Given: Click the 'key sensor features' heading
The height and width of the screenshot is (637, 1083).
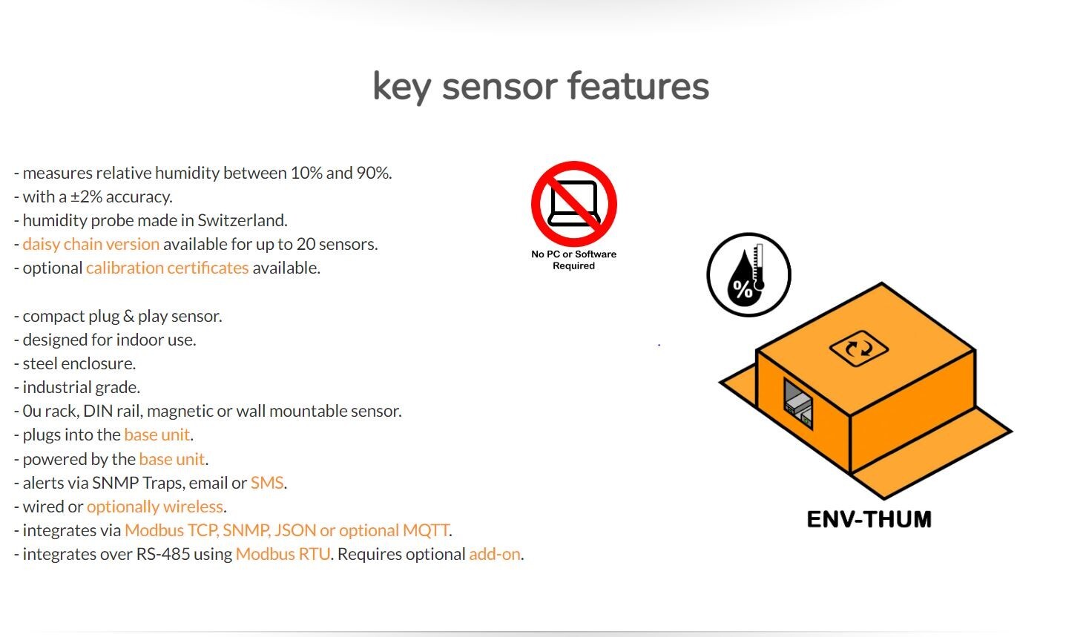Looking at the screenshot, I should pyautogui.click(x=541, y=86).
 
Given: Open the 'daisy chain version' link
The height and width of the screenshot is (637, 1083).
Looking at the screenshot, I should pyautogui.click(x=90, y=244).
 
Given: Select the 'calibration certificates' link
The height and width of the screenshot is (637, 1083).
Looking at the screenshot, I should pyautogui.click(x=167, y=268).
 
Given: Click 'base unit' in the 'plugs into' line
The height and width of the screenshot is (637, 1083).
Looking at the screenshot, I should pyautogui.click(x=157, y=435).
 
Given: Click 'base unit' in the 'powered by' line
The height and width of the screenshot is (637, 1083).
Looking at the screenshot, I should pyautogui.click(x=171, y=459).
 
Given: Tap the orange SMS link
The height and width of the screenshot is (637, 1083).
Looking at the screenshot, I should pyautogui.click(x=267, y=483).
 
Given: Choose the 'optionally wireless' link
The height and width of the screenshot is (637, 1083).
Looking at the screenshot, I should pyautogui.click(x=155, y=506).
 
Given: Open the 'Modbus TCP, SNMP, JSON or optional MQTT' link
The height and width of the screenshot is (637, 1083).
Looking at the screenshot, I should pyautogui.click(x=287, y=530).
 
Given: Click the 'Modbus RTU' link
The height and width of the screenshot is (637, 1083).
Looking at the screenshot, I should pyautogui.click(x=283, y=554).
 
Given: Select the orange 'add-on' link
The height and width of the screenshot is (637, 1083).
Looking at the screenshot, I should pyautogui.click(x=494, y=554).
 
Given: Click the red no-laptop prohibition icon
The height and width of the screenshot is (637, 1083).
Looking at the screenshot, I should pyautogui.click(x=573, y=204).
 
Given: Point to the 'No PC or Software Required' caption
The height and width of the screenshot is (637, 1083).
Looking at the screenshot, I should pyautogui.click(x=573, y=260).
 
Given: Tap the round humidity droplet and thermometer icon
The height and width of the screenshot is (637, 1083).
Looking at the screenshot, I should pyautogui.click(x=748, y=275).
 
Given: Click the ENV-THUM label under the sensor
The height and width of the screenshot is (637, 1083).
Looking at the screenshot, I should pyautogui.click(x=869, y=519).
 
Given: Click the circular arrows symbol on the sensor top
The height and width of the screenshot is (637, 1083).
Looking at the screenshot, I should pyautogui.click(x=859, y=348).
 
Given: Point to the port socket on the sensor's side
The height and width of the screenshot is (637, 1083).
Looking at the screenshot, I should pyautogui.click(x=798, y=405).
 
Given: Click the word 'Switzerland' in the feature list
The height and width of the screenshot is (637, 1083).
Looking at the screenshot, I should pyautogui.click(x=241, y=220).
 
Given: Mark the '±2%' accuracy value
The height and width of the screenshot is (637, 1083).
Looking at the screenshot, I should pyautogui.click(x=86, y=197).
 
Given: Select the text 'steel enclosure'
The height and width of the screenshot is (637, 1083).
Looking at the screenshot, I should pyautogui.click(x=79, y=363).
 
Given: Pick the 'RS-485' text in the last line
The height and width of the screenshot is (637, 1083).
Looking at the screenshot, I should pyautogui.click(x=162, y=554).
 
